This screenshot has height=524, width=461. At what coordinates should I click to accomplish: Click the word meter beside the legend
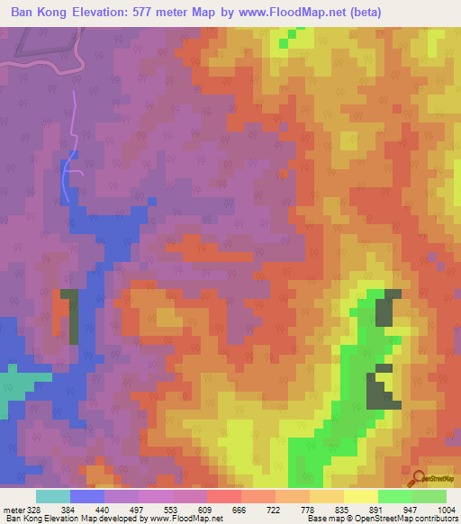[14, 509]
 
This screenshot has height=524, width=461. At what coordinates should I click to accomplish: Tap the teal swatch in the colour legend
[53, 496]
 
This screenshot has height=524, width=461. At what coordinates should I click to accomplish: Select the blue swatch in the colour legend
[87, 496]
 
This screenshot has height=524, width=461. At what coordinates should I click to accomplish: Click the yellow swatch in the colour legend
[360, 496]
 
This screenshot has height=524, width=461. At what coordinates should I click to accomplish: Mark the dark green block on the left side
[69, 316]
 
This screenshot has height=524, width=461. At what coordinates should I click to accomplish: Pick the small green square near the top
[285, 41]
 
